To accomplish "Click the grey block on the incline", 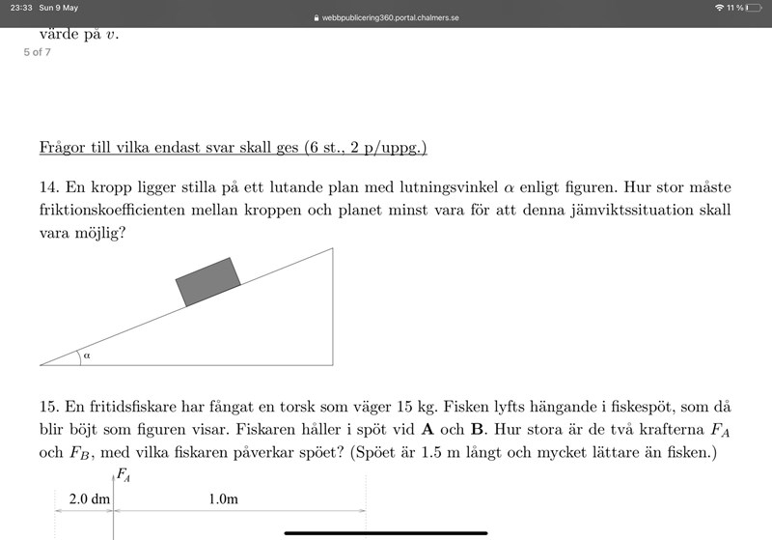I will (208, 281).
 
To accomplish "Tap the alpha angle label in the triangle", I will (87, 355).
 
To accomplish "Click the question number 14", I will (48, 185).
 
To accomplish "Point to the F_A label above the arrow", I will (124, 473).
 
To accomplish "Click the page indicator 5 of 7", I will (38, 51).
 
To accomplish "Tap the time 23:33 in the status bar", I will (16, 8).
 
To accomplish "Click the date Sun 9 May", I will (59, 8).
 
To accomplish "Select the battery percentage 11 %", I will (736, 8).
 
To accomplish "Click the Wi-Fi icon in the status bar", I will (719, 8).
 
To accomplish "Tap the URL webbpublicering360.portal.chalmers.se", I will (391, 18).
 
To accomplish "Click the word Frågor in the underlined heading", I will (63, 148).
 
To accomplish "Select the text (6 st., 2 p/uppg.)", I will (365, 148).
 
